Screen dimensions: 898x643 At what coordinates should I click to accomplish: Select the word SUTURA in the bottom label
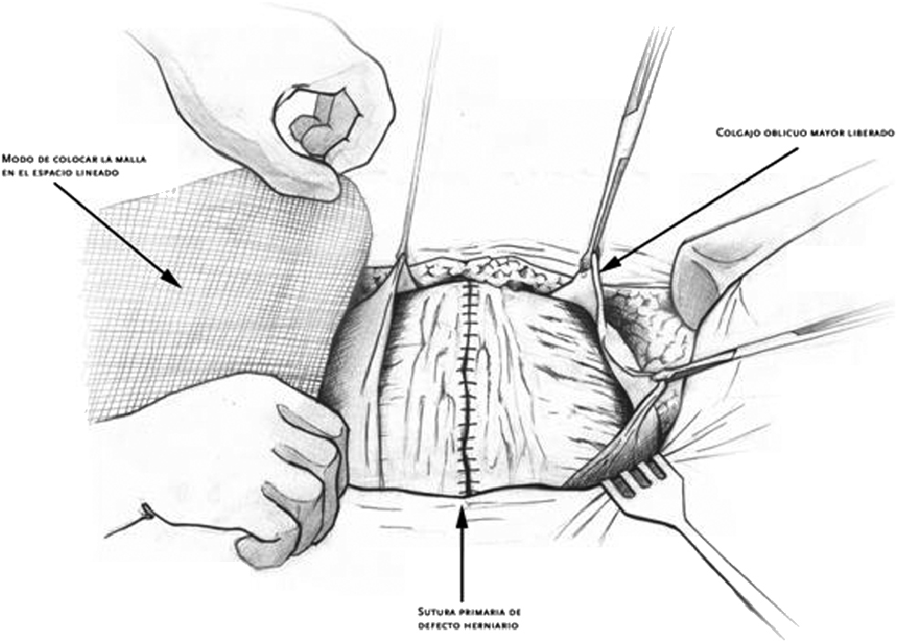pos(425,611)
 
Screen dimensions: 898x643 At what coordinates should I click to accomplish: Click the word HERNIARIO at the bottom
pos(495,627)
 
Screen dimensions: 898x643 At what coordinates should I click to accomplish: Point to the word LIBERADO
pos(866,132)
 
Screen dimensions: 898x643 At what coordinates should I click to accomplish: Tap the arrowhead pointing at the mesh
pos(174,277)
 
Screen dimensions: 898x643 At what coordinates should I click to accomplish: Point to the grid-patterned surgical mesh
pos(228,282)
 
